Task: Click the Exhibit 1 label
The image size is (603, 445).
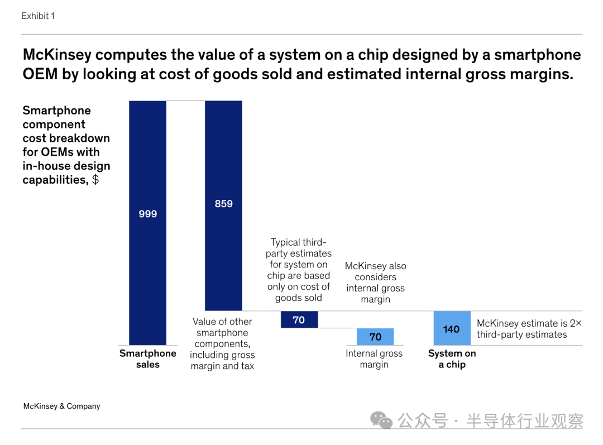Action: pyautogui.click(x=38, y=16)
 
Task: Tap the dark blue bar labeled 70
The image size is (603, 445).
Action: pyautogui.click(x=299, y=320)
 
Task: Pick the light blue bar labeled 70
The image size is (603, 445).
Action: pyautogui.click(x=375, y=337)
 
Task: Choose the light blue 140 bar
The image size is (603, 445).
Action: pyautogui.click(x=452, y=328)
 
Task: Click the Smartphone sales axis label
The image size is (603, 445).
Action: pyautogui.click(x=148, y=359)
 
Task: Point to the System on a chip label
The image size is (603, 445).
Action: pyautogui.click(x=452, y=359)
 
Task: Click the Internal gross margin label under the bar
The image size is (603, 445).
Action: pyautogui.click(x=374, y=359)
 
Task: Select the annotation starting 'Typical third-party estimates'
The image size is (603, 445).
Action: pyautogui.click(x=299, y=270)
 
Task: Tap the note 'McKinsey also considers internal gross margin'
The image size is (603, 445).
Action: pyautogui.click(x=376, y=283)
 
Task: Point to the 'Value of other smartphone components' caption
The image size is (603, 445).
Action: pyautogui.click(x=222, y=344)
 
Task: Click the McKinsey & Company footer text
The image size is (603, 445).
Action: pyautogui.click(x=61, y=406)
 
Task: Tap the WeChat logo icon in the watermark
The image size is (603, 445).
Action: pyautogui.click(x=382, y=420)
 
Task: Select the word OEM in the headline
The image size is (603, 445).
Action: pyautogui.click(x=40, y=74)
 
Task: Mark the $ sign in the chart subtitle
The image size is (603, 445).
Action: pyautogui.click(x=95, y=180)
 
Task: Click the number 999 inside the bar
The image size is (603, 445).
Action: pyautogui.click(x=147, y=214)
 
